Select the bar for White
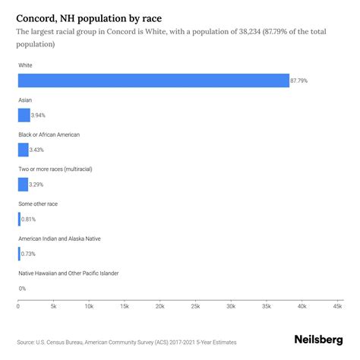pyautogui.click(x=153, y=81)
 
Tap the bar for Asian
pyautogui.click(x=24, y=115)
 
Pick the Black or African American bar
pyautogui.click(x=24, y=150)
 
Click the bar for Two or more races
pyautogui.click(x=23, y=185)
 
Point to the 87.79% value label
pyautogui.click(x=301, y=81)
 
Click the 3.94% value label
pyautogui.click(x=40, y=115)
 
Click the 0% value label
pyautogui.click(x=22, y=289)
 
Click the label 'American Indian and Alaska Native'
pyautogui.click(x=70, y=238)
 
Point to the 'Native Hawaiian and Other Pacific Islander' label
pyautogui.click(x=79, y=273)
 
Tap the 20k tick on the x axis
pyautogui.click(x=160, y=307)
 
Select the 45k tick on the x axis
pyautogui.click(x=337, y=307)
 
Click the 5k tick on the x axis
pyautogui.click(x=54, y=307)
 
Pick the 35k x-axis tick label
pyautogui.click(x=267, y=307)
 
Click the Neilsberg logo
pyautogui.click(x=318, y=342)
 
